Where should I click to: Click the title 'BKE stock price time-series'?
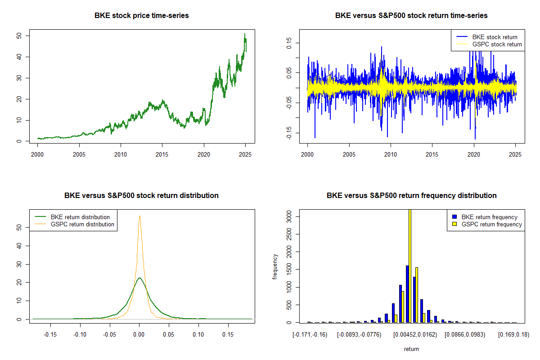point(141,15)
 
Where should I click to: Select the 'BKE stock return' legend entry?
point(495,37)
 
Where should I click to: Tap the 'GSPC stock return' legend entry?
point(497,44)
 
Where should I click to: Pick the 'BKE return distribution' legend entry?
point(80,217)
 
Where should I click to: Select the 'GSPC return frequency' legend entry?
point(491,224)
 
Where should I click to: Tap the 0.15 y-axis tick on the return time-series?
point(290,43)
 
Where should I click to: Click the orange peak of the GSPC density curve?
point(139,216)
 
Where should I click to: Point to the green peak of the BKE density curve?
point(139,278)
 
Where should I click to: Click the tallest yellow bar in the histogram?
point(409,265)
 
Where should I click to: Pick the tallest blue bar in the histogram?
point(407,294)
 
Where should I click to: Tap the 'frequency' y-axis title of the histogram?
point(275,266)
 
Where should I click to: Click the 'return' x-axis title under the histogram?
point(411,349)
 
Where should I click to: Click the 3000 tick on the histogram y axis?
point(290,216)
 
